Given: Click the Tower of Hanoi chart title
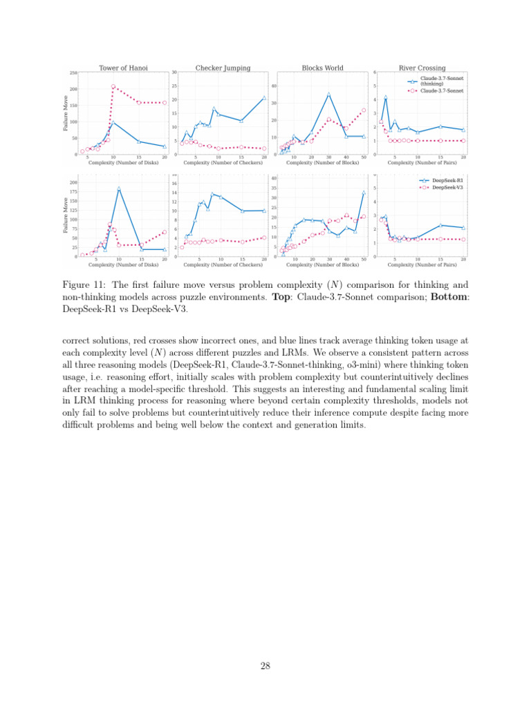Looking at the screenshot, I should coord(123,68).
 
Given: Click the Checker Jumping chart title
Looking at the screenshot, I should coord(223,68).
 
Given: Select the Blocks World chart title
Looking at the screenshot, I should coord(322,68).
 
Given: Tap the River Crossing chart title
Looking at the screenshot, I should coord(422,68).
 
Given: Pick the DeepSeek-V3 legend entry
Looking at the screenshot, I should coord(442,186).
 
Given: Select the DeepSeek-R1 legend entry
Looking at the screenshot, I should coord(442,180).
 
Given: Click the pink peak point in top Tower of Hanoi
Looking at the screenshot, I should coord(113,87).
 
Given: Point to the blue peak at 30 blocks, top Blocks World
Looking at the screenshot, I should coord(329,94).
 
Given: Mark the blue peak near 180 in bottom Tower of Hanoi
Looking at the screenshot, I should coord(119,188).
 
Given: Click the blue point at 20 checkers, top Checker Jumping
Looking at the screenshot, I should coord(264,98).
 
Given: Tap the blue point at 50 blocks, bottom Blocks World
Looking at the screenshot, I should coord(364,193).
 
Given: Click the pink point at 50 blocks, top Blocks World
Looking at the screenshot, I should coord(364,110).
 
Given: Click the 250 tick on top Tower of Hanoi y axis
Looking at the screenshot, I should coord(73,72).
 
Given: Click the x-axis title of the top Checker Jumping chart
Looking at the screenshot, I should coord(223,163).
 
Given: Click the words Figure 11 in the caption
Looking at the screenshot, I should coord(82,284).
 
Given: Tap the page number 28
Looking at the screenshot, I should coord(265,666).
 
